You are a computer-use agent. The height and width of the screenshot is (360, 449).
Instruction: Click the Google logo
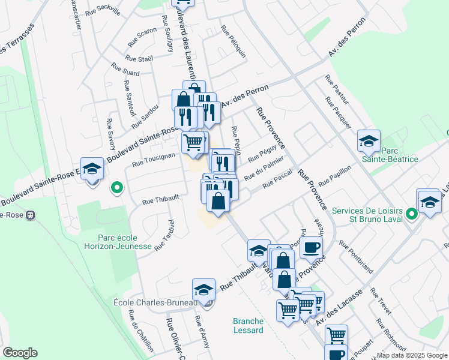point(20,353)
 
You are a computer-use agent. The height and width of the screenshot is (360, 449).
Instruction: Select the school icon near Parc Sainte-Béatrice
point(369,141)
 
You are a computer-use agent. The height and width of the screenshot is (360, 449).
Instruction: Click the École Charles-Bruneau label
point(155,303)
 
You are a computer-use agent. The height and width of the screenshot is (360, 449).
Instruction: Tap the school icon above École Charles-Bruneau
point(204,290)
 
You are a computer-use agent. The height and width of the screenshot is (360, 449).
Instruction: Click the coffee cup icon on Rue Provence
point(310,247)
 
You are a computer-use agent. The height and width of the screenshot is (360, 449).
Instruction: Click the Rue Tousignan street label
point(154,157)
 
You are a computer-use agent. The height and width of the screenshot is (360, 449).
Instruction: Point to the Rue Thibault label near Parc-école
point(161,198)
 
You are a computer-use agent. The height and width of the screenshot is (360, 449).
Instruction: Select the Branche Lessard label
point(249,326)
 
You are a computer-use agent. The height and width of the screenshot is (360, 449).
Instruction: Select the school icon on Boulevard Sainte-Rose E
point(92,170)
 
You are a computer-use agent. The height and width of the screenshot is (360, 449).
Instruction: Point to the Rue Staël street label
point(140,58)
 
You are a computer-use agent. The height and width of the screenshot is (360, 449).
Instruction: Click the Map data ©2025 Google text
point(411,355)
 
